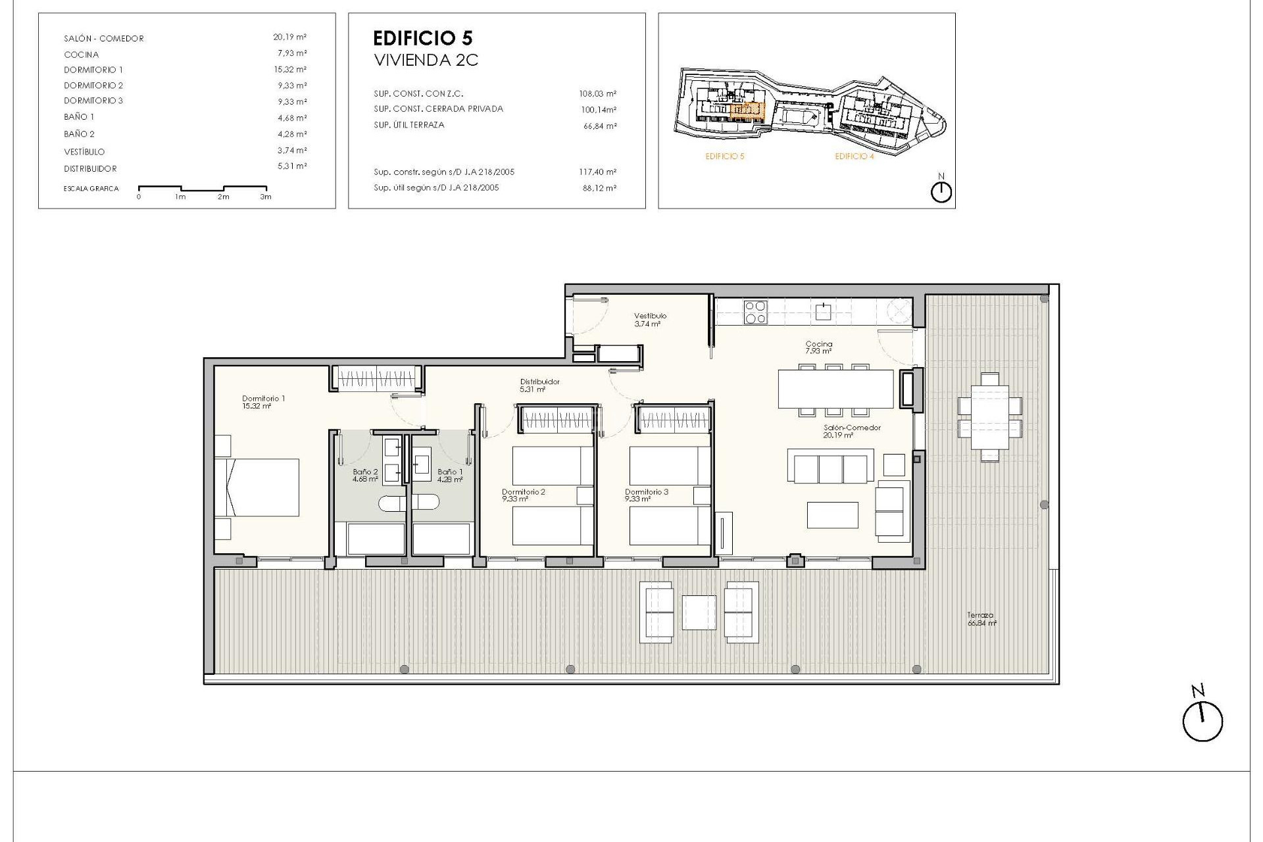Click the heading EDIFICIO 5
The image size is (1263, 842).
click(422, 38)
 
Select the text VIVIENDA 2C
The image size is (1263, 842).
click(426, 61)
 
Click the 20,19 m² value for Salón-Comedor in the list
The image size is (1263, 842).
click(290, 37)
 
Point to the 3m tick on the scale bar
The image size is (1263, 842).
click(266, 195)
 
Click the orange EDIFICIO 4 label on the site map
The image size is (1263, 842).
click(854, 157)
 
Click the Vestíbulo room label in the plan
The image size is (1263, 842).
click(649, 316)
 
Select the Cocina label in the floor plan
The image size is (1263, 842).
click(818, 344)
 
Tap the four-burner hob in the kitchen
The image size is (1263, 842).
click(755, 312)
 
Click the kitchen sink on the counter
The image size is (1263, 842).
click(823, 311)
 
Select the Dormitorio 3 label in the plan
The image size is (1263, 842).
click(646, 492)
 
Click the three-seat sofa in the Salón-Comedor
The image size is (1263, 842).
click(830, 468)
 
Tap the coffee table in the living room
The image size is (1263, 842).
click(832, 515)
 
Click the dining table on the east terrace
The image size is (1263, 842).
click(990, 417)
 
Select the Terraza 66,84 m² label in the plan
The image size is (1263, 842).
click(981, 619)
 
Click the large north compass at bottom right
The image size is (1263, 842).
click(1202, 722)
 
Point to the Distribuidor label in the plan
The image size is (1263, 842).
click(539, 382)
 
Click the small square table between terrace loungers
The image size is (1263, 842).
click(699, 612)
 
